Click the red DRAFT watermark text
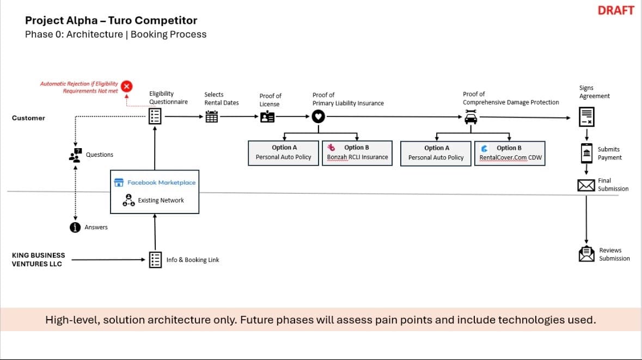[616, 10]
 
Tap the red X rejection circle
[126, 87]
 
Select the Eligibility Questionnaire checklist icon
[155, 117]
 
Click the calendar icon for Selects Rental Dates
[212, 117]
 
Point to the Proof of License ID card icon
[267, 117]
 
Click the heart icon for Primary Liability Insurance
[318, 117]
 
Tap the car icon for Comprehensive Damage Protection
[471, 117]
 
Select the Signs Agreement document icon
[586, 117]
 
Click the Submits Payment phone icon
[586, 154]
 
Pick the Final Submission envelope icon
[586, 185]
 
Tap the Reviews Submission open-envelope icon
[586, 254]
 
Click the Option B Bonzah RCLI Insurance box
[357, 152]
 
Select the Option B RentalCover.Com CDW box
[510, 153]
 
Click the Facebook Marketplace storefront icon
[119, 182]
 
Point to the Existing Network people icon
[129, 200]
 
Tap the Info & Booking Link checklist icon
[155, 260]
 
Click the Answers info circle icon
[75, 227]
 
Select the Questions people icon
[75, 155]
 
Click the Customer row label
[28, 118]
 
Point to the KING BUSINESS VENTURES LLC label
[38, 260]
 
